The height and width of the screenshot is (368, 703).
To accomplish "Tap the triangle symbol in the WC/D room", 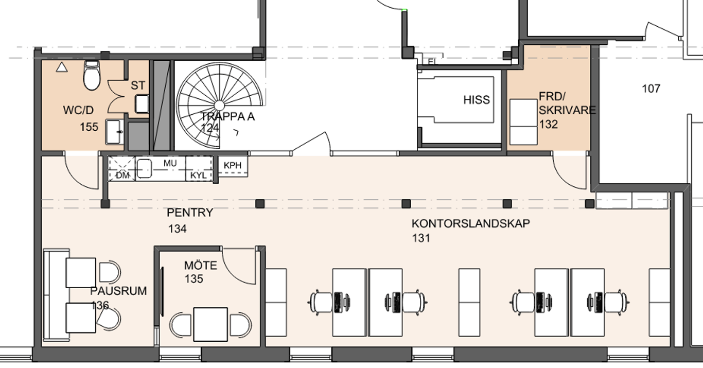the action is tap(62, 67).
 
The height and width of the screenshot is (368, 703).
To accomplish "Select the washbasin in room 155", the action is tap(115, 132).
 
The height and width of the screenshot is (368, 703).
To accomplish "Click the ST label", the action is tap(138, 85).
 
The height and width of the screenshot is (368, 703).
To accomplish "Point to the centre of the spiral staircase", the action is tap(219, 106).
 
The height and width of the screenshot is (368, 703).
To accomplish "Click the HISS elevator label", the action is tap(477, 100).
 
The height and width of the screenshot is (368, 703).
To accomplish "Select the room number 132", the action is tap(549, 125).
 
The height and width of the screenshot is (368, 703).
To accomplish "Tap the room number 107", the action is tap(651, 89).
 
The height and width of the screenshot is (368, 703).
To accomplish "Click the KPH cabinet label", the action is tap(233, 165).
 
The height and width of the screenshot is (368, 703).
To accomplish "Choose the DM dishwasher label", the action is tap(122, 176).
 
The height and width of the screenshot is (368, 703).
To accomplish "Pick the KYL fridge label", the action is tap(198, 175).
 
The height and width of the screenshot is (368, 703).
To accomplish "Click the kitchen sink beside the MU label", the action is tap(145, 168).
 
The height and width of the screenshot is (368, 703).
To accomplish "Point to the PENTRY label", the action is tap(190, 213).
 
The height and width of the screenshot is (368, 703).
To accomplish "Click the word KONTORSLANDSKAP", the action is tap(471, 223).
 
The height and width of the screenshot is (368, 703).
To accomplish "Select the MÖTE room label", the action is tap(201, 266).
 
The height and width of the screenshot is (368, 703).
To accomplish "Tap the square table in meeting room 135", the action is tap(210, 324).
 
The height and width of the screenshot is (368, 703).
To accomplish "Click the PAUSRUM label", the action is tap(118, 291).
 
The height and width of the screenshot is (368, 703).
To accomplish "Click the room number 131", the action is tap(421, 238).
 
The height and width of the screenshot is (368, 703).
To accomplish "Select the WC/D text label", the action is tap(78, 110).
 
